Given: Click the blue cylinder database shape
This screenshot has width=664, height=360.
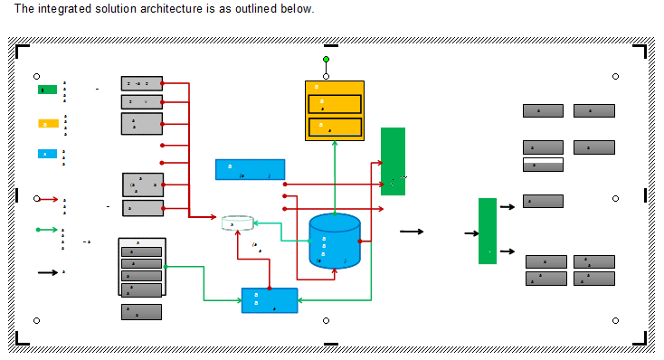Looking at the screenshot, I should click(334, 242).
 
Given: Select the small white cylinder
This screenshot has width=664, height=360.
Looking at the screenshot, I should click(238, 223).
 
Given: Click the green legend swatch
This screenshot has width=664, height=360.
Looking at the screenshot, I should click(47, 90).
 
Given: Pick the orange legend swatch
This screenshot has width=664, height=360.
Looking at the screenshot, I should click(48, 123).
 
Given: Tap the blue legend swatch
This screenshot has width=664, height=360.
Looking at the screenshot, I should click(48, 154).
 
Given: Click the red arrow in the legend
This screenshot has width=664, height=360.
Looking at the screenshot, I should click(47, 199).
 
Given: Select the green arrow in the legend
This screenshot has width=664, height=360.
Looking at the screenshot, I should click(47, 230).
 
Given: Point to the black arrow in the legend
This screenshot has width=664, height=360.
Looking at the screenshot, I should click(47, 271).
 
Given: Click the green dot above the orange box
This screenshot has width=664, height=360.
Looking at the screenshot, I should click(327, 60).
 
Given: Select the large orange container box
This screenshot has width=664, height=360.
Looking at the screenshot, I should click(334, 110).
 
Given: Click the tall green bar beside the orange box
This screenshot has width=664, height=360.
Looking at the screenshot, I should click(393, 161).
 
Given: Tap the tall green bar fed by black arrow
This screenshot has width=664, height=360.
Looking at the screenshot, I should click(488, 231).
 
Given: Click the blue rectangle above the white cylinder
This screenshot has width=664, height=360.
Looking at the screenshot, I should click(250, 169).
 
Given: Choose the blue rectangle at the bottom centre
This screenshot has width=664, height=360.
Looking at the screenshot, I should click(270, 300).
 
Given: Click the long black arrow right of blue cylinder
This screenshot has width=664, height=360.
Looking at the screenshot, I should click(412, 232).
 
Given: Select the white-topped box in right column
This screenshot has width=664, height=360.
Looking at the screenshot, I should click(543, 165).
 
